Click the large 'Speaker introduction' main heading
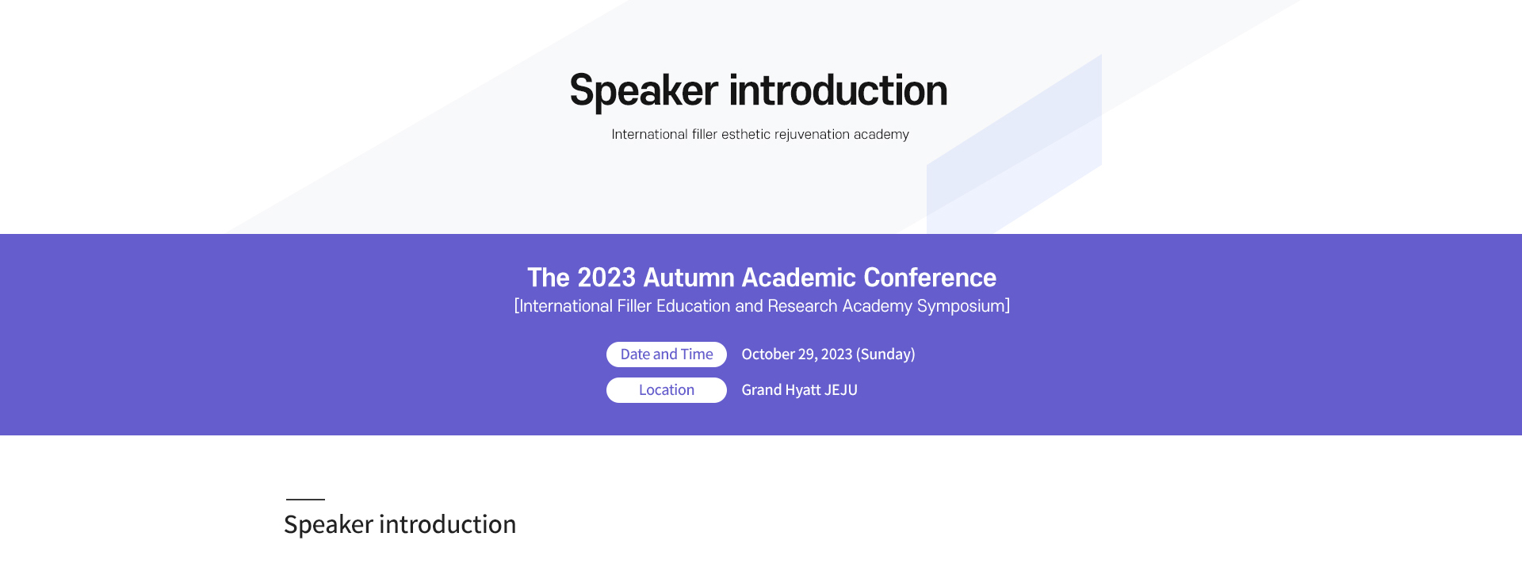(x=759, y=90)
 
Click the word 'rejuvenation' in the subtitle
(x=812, y=135)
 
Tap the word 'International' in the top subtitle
(x=649, y=135)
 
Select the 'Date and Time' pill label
(x=667, y=354)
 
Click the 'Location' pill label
(x=667, y=390)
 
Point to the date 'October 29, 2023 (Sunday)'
(x=828, y=354)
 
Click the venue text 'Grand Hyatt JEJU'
(x=799, y=390)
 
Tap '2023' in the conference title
(x=606, y=278)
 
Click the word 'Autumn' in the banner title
(x=689, y=278)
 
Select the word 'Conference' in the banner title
(x=930, y=278)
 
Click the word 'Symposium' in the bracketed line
(x=961, y=306)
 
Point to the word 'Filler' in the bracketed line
(x=634, y=306)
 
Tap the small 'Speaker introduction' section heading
(x=400, y=525)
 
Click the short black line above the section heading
(x=305, y=500)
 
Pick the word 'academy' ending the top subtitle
(x=881, y=135)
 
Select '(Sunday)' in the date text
(x=885, y=354)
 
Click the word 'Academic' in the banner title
(x=799, y=278)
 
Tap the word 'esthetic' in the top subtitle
(x=746, y=135)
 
